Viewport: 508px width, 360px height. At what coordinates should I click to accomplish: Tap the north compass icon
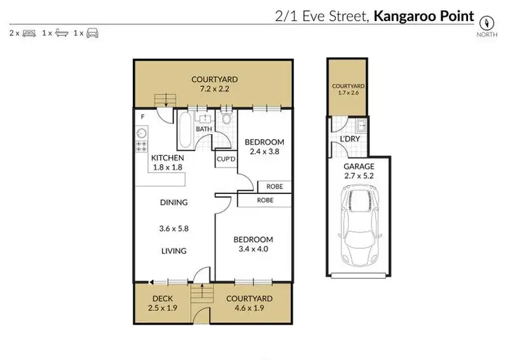[x=486, y=20]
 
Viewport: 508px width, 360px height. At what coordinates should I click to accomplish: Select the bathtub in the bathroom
[x=186, y=131]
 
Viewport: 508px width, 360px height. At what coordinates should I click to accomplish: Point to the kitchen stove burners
[x=142, y=144]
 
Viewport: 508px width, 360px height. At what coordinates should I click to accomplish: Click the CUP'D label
[x=225, y=160]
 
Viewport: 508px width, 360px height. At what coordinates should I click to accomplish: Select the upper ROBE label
[x=274, y=186]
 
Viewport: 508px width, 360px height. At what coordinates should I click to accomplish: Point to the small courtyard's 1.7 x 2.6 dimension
[x=348, y=93]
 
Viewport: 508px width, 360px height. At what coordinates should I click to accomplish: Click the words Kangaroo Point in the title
[x=424, y=14]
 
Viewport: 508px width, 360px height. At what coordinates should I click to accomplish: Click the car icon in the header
[x=93, y=33]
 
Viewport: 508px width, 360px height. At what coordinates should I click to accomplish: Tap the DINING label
[x=174, y=202]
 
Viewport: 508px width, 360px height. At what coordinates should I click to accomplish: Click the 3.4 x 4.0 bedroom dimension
[x=253, y=249]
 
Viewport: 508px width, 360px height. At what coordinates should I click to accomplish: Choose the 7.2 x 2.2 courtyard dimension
[x=213, y=89]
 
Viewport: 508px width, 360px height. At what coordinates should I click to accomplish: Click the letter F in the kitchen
[x=142, y=117]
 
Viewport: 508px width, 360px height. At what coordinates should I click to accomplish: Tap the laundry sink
[x=362, y=125]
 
